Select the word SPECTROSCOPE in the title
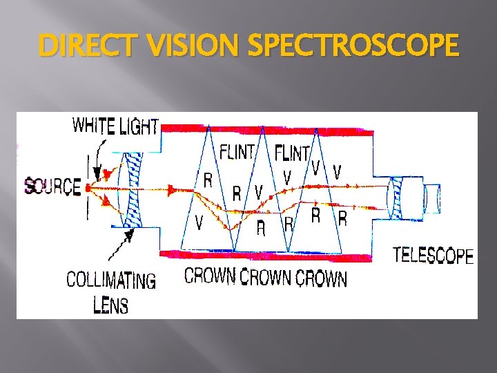coord(352,47)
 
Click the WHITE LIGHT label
coord(115,126)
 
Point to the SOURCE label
coord(52,186)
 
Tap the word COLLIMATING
coord(110,280)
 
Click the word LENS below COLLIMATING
coord(110,304)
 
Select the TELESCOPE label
coord(433,256)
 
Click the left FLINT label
coord(237,151)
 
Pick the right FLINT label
coord(292,151)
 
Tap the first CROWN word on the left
coord(210,276)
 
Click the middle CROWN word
coord(265,278)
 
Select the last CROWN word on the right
coord(321,278)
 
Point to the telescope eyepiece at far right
coord(432,198)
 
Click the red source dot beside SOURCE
coord(88,186)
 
